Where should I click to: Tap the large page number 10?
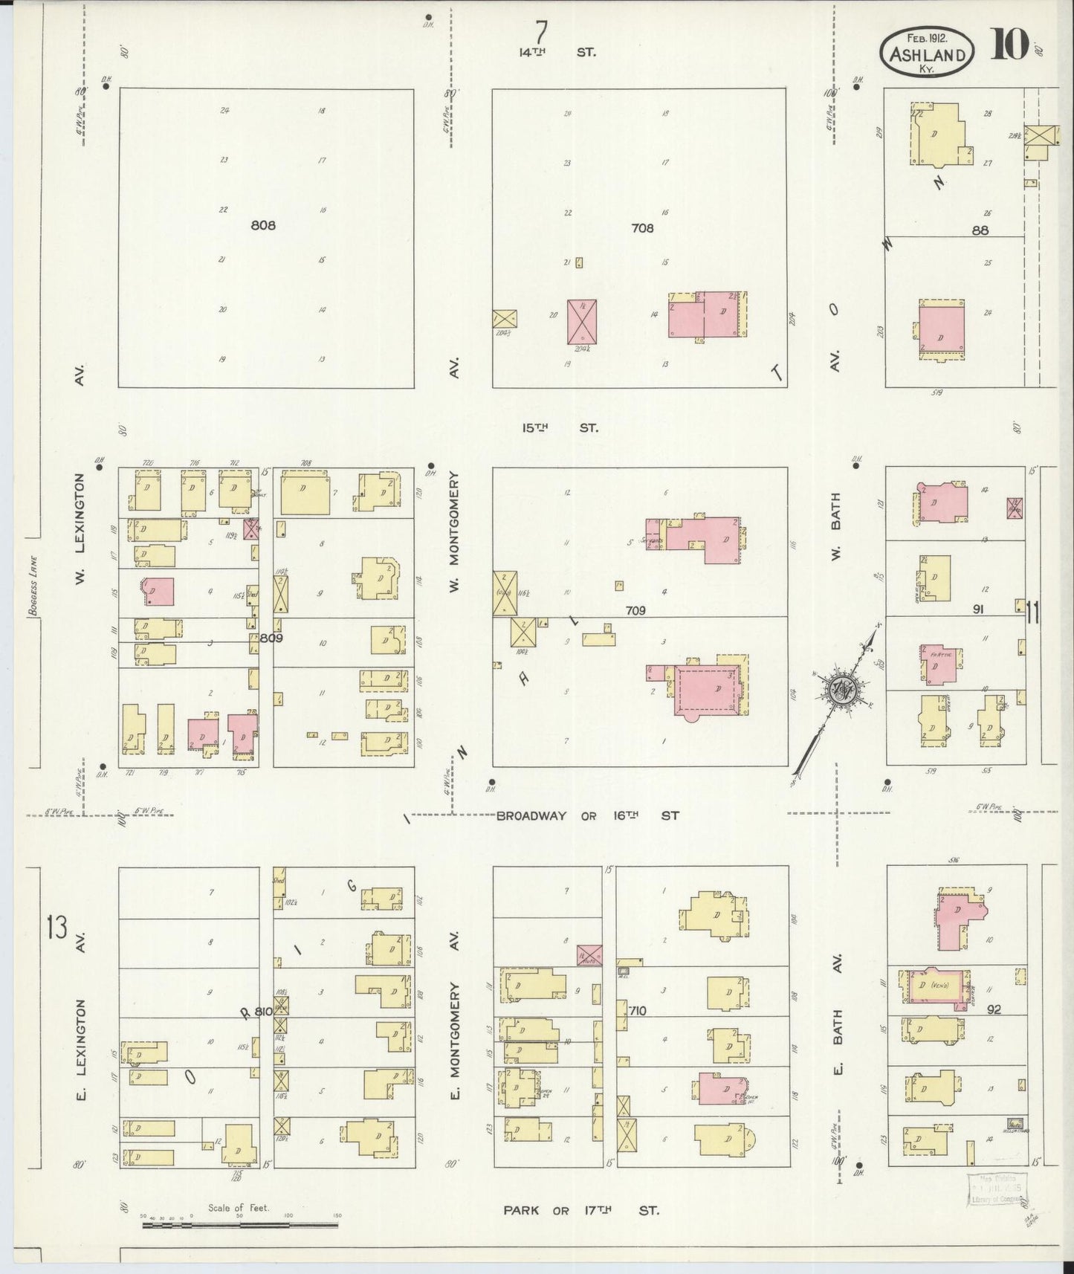[x=1009, y=45]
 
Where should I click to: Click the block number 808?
[x=263, y=224]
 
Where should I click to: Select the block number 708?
[x=642, y=228]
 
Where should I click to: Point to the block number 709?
[x=635, y=610]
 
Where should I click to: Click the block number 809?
[x=271, y=637]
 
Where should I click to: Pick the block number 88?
[x=980, y=230]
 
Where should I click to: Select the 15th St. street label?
[x=559, y=428]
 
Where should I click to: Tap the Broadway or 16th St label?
[x=587, y=815]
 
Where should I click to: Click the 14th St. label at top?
[x=557, y=53]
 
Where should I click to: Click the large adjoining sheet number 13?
[x=56, y=928]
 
